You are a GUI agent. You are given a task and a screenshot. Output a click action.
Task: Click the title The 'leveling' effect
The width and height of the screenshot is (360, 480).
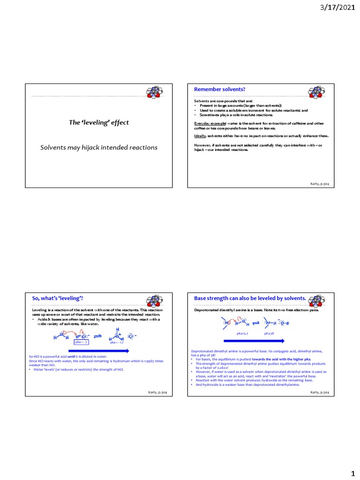98,122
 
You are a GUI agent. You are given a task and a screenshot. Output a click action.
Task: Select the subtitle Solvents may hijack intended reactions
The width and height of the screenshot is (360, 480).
98,148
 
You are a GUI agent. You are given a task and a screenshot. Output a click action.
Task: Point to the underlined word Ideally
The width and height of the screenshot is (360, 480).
200,135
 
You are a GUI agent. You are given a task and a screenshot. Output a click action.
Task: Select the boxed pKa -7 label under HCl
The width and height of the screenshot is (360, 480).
82,343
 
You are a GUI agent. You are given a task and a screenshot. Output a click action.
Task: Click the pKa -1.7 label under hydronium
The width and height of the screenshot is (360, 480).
116,343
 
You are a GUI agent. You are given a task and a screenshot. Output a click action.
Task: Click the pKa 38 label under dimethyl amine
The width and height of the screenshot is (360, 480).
269,333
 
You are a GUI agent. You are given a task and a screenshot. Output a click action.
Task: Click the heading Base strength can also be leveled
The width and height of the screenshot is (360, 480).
249,298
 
